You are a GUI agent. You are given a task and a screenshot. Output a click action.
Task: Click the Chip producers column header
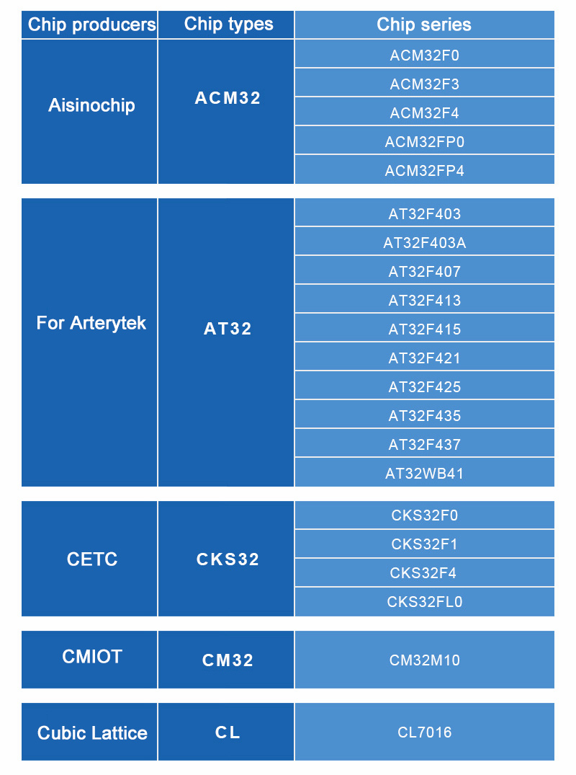[x=91, y=25]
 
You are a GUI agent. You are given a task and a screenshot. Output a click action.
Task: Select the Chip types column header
[x=228, y=25]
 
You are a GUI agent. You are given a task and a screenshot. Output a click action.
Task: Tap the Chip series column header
[x=424, y=25]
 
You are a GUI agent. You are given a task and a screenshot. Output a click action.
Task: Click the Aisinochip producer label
[x=91, y=105]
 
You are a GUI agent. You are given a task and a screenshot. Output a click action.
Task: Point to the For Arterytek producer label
[x=91, y=323]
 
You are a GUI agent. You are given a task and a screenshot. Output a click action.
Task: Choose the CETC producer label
[x=92, y=559]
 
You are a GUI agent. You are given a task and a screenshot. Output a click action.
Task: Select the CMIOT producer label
[x=92, y=656]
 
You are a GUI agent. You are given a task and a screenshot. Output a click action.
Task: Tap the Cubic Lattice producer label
[x=92, y=732]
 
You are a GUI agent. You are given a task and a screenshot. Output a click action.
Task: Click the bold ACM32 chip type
[x=228, y=98]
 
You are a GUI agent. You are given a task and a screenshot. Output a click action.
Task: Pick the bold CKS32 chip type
[x=228, y=559]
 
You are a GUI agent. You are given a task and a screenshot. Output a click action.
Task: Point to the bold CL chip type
[x=228, y=732]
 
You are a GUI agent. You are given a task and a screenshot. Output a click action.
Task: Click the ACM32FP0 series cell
[x=425, y=142]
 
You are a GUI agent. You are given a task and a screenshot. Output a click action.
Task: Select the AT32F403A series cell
[x=425, y=243]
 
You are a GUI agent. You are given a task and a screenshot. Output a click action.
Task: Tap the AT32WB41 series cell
[x=425, y=474]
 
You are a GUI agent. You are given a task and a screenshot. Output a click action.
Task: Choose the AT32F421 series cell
[x=425, y=358]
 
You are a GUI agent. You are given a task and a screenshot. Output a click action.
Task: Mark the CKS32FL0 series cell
[x=425, y=601]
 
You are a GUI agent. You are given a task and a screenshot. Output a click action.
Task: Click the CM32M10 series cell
[x=425, y=660]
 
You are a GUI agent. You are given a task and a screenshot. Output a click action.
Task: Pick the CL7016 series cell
[x=425, y=732]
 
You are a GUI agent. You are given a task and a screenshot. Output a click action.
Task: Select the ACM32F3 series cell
[x=425, y=84]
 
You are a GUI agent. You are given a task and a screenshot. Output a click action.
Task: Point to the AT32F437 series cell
[x=425, y=444]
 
